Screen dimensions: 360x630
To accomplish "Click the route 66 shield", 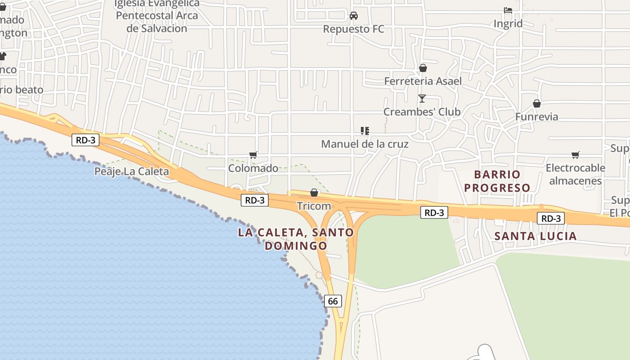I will [x=333, y=301].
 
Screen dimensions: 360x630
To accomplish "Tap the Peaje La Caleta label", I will [x=131, y=171].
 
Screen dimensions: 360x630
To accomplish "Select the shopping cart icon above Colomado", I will [x=253, y=155].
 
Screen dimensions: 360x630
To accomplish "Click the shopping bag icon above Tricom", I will [x=314, y=193].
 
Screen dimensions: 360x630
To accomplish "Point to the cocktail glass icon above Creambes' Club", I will [x=422, y=98].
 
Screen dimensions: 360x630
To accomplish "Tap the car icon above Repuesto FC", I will [x=354, y=16].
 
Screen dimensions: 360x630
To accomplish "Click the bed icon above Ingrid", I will [x=508, y=10].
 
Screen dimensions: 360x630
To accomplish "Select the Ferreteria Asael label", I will [x=423, y=81].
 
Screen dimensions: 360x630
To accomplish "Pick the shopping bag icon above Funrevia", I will [x=536, y=104].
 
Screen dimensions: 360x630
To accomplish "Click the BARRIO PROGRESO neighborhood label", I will [x=497, y=181].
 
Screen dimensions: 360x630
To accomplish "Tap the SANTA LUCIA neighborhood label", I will [x=535, y=236].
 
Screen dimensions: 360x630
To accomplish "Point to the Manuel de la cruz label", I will [x=364, y=144].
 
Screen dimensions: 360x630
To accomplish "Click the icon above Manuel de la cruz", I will [x=365, y=131].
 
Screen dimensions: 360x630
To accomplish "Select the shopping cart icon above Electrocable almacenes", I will [x=575, y=155].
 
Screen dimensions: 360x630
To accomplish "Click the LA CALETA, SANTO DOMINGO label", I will [x=296, y=239].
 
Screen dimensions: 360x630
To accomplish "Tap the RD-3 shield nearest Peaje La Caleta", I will [x=85, y=140].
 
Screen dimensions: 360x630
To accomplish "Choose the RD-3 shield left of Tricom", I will [x=255, y=200].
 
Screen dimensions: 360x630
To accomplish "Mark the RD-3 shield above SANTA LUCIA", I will [x=550, y=219].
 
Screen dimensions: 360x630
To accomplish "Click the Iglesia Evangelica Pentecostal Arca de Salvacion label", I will [x=157, y=16].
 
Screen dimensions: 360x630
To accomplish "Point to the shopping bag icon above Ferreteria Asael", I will [x=423, y=68].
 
